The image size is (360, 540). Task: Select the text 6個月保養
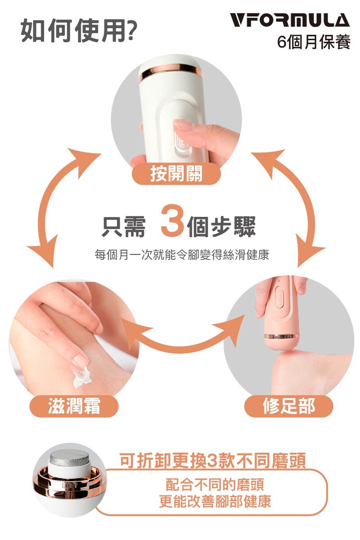coord(314,42)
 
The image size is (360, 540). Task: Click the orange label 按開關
coord(176,173)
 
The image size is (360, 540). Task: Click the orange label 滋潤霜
coord(74,406)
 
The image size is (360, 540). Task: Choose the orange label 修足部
coord(288,406)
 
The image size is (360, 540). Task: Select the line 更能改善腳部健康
coord(215,501)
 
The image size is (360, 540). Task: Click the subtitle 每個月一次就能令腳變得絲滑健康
coord(181,255)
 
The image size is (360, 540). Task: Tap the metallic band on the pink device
coord(281,336)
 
